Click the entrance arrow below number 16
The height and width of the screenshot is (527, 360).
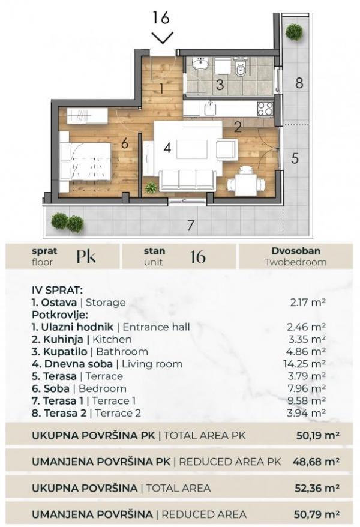(x=162, y=38)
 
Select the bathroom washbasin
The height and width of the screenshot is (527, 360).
(x=199, y=65)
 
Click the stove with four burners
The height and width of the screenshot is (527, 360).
(x=265, y=109)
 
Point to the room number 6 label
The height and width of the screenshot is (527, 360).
(x=124, y=143)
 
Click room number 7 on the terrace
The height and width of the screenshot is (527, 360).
(x=190, y=226)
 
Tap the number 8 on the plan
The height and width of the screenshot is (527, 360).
(x=299, y=83)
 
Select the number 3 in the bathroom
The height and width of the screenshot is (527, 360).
(x=220, y=85)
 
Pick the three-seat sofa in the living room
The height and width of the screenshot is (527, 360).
(x=188, y=180)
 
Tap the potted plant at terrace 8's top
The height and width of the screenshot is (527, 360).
(x=294, y=31)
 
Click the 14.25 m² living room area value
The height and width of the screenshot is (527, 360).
(x=307, y=364)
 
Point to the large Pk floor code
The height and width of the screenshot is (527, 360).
(x=86, y=257)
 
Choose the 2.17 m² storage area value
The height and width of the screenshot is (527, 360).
(x=307, y=303)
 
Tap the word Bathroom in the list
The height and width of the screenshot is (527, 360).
(x=127, y=351)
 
